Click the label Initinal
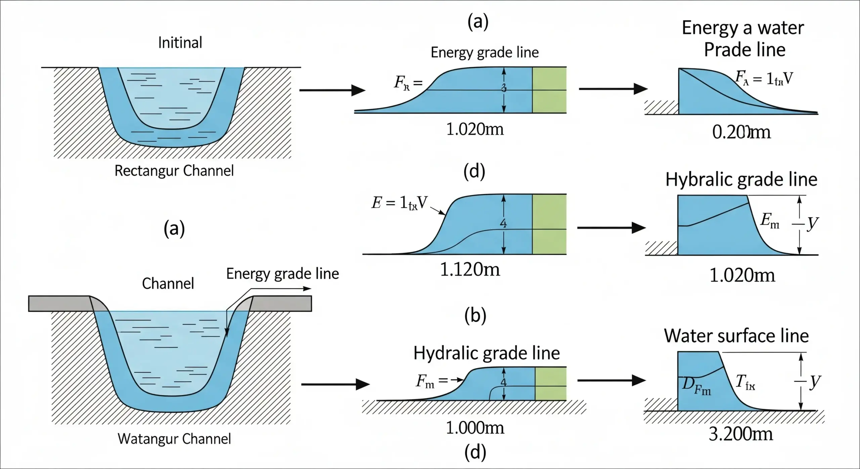coord(180,43)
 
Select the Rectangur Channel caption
coord(174,171)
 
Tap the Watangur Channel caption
coord(174,439)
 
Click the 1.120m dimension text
coord(470,269)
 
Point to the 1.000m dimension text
coord(475,428)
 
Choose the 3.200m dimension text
coord(741,434)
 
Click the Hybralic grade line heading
coord(741,179)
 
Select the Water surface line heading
coord(736,336)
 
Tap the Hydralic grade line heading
coord(486,353)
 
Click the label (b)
coord(475,316)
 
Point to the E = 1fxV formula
coord(399,203)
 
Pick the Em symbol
coord(770,221)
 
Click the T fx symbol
coord(745,382)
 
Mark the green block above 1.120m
coord(549,224)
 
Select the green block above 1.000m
coord(551,384)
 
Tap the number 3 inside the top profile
coord(504,88)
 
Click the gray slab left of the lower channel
coord(59,303)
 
